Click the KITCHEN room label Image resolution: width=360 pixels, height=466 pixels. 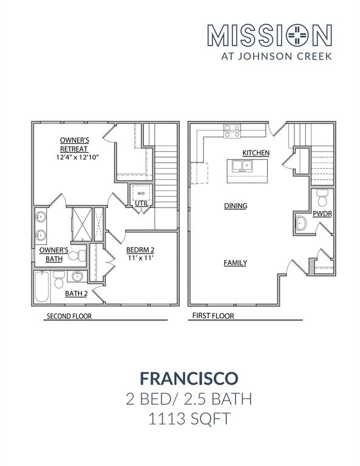point(256,152)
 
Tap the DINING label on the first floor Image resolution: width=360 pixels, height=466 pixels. point(235,206)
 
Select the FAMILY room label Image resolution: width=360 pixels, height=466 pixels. point(235,263)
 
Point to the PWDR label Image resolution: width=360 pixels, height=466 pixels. point(322,214)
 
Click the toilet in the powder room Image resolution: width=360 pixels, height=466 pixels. point(323,198)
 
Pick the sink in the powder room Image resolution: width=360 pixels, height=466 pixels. point(302,225)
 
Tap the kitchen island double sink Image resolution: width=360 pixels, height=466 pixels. point(241,165)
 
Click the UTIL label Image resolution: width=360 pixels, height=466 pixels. point(141,203)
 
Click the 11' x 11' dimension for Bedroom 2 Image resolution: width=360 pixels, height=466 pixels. point(140,258)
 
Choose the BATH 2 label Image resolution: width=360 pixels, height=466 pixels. point(76,294)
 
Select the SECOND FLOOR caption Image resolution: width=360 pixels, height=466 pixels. point(69,316)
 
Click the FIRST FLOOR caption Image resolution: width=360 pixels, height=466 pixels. point(213,316)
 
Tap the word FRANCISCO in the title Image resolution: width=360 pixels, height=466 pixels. point(180,378)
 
